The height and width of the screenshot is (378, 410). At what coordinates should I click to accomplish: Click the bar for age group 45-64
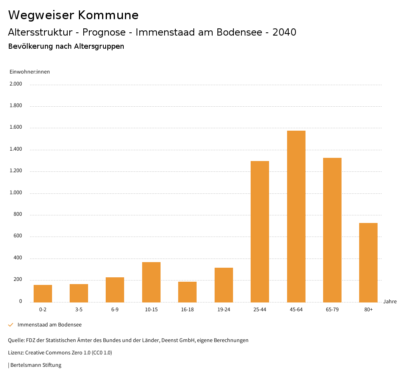pos(296,216)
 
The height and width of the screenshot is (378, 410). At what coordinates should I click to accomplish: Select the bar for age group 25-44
pos(260,231)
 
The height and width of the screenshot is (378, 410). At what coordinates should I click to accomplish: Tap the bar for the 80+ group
pos(368,263)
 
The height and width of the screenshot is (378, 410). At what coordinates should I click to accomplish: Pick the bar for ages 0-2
pos(43,293)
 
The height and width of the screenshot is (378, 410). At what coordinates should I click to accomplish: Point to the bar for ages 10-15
pos(151,282)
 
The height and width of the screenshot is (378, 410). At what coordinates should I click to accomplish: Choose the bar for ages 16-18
pos(187,292)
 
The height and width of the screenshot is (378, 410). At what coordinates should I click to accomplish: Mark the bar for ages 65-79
pos(332,230)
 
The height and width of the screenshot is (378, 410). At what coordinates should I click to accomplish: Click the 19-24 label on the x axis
pos(223,310)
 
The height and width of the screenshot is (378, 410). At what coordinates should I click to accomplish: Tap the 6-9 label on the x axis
pos(115,310)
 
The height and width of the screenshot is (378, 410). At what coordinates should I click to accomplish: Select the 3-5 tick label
pos(79,310)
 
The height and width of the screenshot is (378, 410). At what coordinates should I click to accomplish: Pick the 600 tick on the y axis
pos(18,237)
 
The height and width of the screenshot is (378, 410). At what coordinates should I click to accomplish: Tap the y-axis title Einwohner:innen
pos(30,72)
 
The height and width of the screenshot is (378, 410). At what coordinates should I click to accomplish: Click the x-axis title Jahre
pos(390,302)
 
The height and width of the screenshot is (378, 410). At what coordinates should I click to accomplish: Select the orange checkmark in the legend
pos(11,325)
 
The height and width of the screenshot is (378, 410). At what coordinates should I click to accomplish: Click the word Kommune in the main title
pos(108,15)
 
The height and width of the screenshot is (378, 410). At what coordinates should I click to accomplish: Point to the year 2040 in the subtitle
pos(284,32)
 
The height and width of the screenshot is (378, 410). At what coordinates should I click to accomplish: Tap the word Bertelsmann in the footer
pos(26,365)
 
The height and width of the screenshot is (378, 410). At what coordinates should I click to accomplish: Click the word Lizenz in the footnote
pos(16,353)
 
